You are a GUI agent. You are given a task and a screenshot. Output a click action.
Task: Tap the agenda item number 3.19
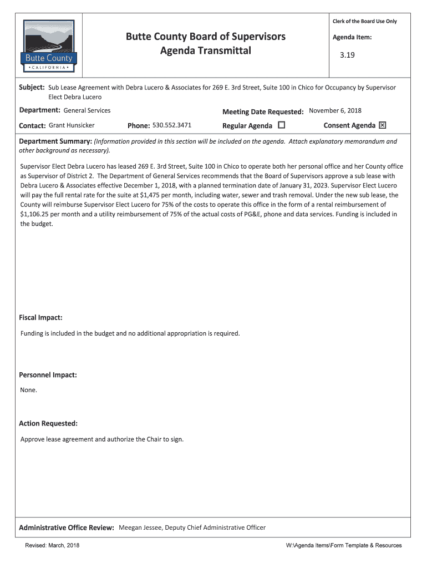347,55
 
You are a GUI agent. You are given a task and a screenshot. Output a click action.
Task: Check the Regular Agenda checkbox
281,125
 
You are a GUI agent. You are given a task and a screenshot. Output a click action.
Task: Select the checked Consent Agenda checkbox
382,125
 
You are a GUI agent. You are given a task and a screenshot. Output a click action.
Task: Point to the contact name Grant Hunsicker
72,125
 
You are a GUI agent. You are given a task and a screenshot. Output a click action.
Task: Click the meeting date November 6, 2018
335,110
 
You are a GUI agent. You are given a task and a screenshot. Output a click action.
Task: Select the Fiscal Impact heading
40,318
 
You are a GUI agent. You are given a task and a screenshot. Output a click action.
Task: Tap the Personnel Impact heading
48,375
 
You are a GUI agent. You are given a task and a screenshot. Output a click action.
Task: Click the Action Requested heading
48,423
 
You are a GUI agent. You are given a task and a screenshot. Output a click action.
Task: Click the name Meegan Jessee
140,528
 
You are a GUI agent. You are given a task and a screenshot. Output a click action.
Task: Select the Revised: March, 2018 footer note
52,545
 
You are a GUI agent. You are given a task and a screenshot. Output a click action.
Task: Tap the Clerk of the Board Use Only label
364,21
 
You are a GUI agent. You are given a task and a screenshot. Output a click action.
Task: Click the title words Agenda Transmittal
206,51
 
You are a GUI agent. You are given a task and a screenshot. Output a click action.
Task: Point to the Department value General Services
87,110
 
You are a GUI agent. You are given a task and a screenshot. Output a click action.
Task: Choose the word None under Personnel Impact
28,390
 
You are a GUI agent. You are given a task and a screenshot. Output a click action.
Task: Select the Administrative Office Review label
67,528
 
